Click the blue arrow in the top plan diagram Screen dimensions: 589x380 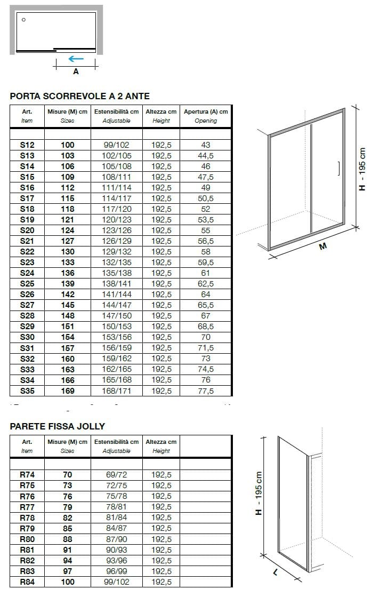76,59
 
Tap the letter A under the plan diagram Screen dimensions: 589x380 76,71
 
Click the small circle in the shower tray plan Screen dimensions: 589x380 23,20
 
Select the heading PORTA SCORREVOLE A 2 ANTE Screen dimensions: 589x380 80,96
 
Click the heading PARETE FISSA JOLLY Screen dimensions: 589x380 58,426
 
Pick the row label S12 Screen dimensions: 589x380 27,145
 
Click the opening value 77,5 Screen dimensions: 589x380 206,391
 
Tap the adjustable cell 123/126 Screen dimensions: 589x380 116,230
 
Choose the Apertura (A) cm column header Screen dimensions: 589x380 206,112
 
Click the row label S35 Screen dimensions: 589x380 27,391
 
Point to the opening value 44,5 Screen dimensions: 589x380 206,155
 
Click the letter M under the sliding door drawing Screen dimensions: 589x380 322,246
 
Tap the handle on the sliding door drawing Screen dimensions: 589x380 338,169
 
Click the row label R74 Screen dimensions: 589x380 27,474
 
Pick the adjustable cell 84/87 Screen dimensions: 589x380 116,528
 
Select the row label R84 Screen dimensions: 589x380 27,582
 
